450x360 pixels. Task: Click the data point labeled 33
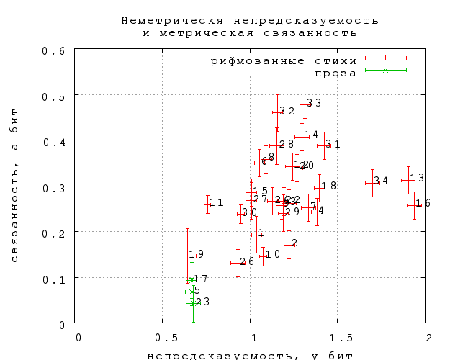[x=305, y=104]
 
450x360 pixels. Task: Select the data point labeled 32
[x=278, y=112]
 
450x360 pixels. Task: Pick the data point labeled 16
[x=414, y=205]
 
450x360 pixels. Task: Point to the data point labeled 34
[x=372, y=183]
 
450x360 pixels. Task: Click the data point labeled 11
[x=207, y=204]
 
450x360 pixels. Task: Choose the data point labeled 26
[x=238, y=263]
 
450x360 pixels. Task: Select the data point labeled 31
[x=324, y=145]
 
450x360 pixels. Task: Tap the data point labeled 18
[x=320, y=187]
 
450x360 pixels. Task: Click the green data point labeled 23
[x=192, y=303]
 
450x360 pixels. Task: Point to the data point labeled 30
[x=241, y=214]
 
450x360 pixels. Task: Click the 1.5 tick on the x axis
[x=338, y=338]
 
